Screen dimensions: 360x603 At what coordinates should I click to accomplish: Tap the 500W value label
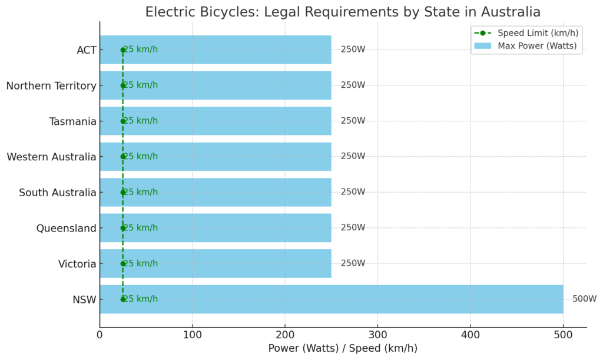[584, 299]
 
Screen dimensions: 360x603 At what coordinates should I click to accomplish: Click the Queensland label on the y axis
[66, 228]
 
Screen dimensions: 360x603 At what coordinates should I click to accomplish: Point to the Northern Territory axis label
[51, 86]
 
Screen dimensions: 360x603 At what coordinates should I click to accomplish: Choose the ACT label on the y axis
[87, 50]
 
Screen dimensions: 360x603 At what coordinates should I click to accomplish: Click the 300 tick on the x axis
[377, 335]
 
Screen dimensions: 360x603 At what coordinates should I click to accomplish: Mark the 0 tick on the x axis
[100, 335]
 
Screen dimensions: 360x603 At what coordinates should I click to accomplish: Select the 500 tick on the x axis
[563, 335]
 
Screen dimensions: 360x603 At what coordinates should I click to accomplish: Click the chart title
[343, 12]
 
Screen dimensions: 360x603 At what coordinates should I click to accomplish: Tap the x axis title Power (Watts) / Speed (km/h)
[343, 348]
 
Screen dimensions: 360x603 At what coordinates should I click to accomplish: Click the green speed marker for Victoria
[123, 263]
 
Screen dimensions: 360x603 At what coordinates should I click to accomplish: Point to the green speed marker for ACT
[123, 50]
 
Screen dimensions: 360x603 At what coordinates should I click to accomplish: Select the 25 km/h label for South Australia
[141, 192]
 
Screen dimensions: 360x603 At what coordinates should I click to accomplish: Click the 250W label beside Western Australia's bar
[353, 157]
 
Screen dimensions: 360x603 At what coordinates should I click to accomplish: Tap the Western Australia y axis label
[51, 157]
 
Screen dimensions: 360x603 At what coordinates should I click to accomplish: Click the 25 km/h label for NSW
[141, 299]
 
